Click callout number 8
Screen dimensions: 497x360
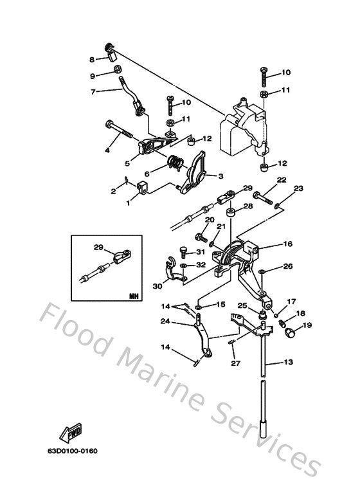click(x=93, y=59)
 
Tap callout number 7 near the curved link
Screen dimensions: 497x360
click(x=93, y=92)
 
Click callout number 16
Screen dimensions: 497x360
click(x=287, y=244)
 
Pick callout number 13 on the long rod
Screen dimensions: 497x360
click(x=287, y=363)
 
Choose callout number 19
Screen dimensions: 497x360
click(x=307, y=325)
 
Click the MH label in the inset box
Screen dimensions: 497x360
click(x=133, y=296)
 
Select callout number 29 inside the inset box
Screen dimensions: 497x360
click(x=98, y=247)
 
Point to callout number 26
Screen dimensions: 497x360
click(x=287, y=266)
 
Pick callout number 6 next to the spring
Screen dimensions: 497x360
click(x=147, y=174)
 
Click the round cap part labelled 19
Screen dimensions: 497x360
click(x=290, y=333)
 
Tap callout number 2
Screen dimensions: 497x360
click(x=113, y=192)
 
